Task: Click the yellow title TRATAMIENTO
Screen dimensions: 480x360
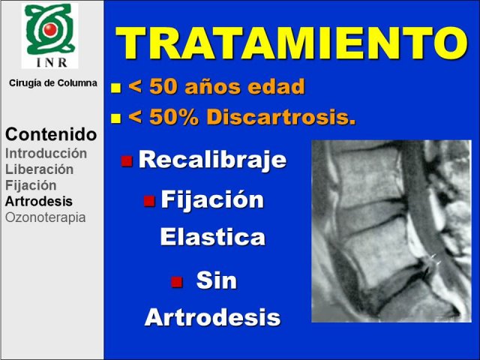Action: click(x=292, y=43)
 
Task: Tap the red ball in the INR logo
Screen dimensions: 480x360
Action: click(x=50, y=29)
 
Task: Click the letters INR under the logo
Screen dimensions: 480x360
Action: click(x=52, y=62)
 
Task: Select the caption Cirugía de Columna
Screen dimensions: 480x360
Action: click(x=53, y=83)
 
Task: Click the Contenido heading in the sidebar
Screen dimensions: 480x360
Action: click(x=51, y=134)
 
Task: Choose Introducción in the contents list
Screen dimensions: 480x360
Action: click(x=46, y=154)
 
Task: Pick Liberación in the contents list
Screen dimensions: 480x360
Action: click(x=40, y=169)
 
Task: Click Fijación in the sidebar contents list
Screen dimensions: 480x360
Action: click(x=31, y=186)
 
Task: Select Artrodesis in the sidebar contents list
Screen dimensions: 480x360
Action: click(x=39, y=202)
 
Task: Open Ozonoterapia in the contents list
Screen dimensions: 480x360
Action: click(x=46, y=217)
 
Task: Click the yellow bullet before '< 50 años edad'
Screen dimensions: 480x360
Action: click(x=116, y=88)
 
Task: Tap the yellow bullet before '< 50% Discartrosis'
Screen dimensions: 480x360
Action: click(x=116, y=118)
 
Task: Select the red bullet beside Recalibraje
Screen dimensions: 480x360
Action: click(x=127, y=161)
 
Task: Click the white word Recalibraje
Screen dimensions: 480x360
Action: click(x=212, y=160)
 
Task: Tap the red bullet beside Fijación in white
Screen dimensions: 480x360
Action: click(x=149, y=201)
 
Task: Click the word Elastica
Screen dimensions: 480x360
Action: click(x=213, y=237)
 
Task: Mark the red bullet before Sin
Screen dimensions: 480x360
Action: click(x=177, y=282)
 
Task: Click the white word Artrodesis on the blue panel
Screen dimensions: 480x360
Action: click(x=213, y=317)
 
